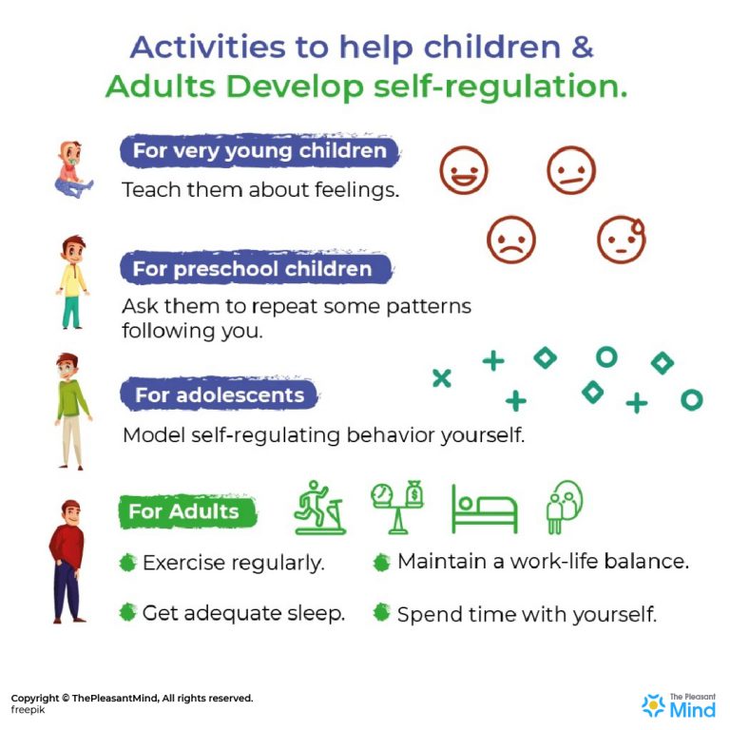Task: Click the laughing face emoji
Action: pos(463,171)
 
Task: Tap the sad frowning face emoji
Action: pos(511,239)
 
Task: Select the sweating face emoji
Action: pos(622,239)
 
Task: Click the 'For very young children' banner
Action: pos(259,151)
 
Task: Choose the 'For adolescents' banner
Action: pos(220,394)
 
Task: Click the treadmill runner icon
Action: pos(319,507)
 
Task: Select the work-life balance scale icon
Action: pos(396,507)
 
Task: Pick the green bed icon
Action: pos(484,509)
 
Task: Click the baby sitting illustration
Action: pos(71,170)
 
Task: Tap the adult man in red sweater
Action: pos(68,561)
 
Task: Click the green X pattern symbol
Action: pos(441,377)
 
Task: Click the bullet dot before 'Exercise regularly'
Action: pos(127,562)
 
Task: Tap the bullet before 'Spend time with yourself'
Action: pos(381,613)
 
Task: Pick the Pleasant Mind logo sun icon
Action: pos(653,704)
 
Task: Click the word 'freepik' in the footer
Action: pos(28,709)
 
